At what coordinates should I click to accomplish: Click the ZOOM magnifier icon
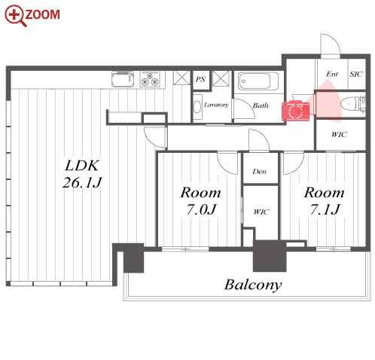(x=14, y=16)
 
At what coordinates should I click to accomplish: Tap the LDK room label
(x=81, y=166)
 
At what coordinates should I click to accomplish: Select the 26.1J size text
(x=82, y=182)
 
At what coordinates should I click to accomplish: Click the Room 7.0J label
(x=201, y=201)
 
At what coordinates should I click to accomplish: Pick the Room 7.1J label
(x=324, y=201)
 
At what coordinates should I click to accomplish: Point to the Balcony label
(x=253, y=285)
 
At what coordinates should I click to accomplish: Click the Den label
(x=260, y=172)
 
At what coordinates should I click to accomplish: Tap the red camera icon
(x=295, y=110)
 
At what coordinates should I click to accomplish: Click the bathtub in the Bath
(x=258, y=81)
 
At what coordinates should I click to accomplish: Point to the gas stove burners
(x=150, y=79)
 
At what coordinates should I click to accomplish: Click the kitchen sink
(x=123, y=79)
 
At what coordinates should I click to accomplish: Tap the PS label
(x=200, y=79)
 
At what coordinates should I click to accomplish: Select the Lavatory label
(x=216, y=105)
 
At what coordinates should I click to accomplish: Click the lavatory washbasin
(x=197, y=107)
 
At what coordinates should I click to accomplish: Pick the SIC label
(x=356, y=74)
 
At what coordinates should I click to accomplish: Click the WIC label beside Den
(x=261, y=212)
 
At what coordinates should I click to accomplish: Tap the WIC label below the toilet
(x=339, y=135)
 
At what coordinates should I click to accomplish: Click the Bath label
(x=261, y=105)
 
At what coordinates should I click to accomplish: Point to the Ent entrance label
(x=332, y=74)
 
